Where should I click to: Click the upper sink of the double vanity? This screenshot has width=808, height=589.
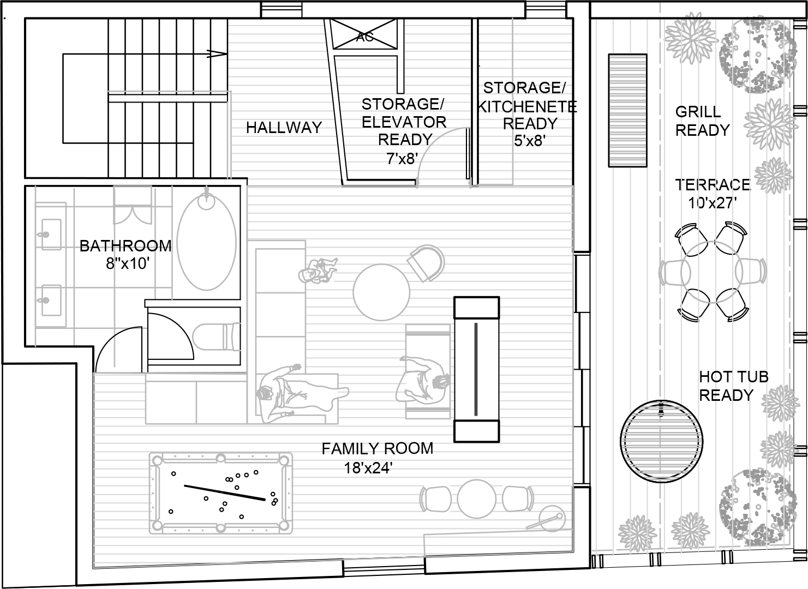click(51, 235)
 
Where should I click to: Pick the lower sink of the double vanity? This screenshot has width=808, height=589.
click(51, 300)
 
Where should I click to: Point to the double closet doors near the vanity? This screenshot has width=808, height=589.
click(133, 215)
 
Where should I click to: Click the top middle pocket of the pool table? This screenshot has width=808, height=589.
click(220, 459)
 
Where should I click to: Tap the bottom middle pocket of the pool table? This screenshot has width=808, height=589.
click(220, 528)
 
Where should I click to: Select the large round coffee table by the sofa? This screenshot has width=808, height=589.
click(381, 292)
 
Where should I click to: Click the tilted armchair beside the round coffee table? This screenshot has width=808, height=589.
click(427, 263)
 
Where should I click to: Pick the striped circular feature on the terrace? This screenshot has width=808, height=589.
click(661, 442)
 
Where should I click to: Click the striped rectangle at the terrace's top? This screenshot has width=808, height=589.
click(627, 110)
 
